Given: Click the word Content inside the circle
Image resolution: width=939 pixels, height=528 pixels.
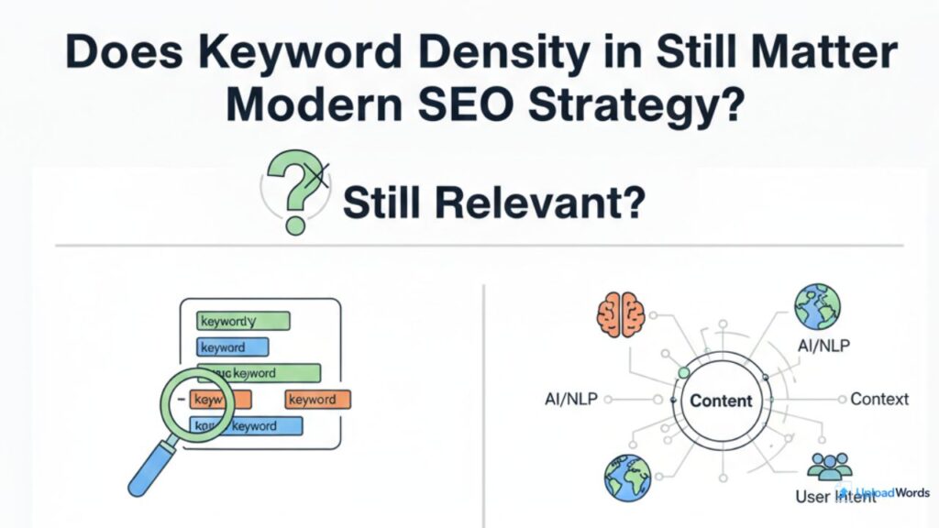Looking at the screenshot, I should pyautogui.click(x=721, y=401).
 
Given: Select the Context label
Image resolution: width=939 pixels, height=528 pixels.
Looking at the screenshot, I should pyautogui.click(x=879, y=399).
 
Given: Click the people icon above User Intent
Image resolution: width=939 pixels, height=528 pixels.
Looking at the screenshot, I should pyautogui.click(x=829, y=467).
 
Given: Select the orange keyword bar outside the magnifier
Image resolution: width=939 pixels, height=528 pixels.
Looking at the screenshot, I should pyautogui.click(x=317, y=400).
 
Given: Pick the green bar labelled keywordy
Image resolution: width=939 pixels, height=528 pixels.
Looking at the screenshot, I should pyautogui.click(x=244, y=321).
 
